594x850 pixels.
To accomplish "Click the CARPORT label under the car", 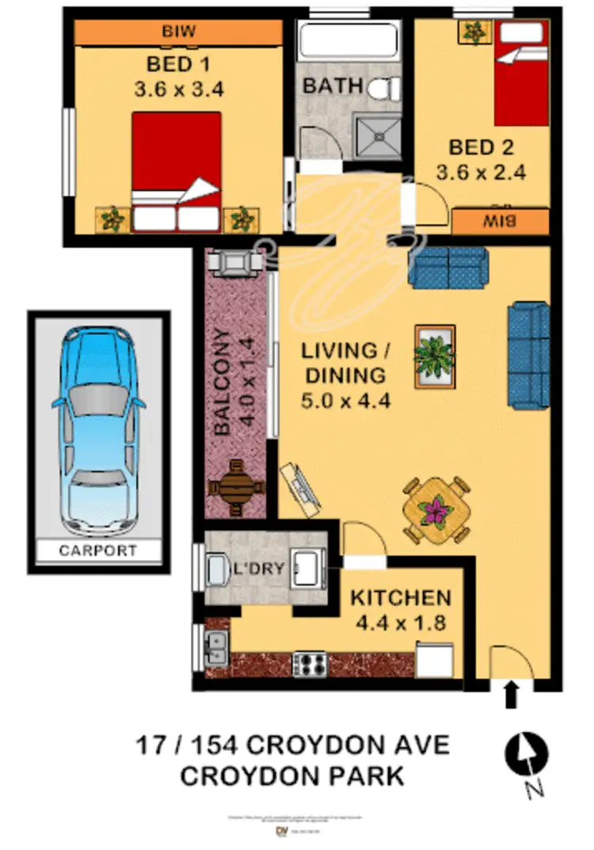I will tap(98, 550).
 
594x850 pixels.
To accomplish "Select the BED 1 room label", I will tap(178, 64).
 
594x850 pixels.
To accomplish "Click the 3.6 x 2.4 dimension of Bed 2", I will tap(482, 172).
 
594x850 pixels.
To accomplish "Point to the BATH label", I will tap(333, 86).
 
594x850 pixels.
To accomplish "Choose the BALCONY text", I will tap(223, 383).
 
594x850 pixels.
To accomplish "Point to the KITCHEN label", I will tap(401, 598).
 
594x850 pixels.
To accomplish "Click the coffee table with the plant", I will tap(435, 356).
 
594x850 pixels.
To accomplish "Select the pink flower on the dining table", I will tap(435, 510).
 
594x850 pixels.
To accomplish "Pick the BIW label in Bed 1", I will tap(178, 32).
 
